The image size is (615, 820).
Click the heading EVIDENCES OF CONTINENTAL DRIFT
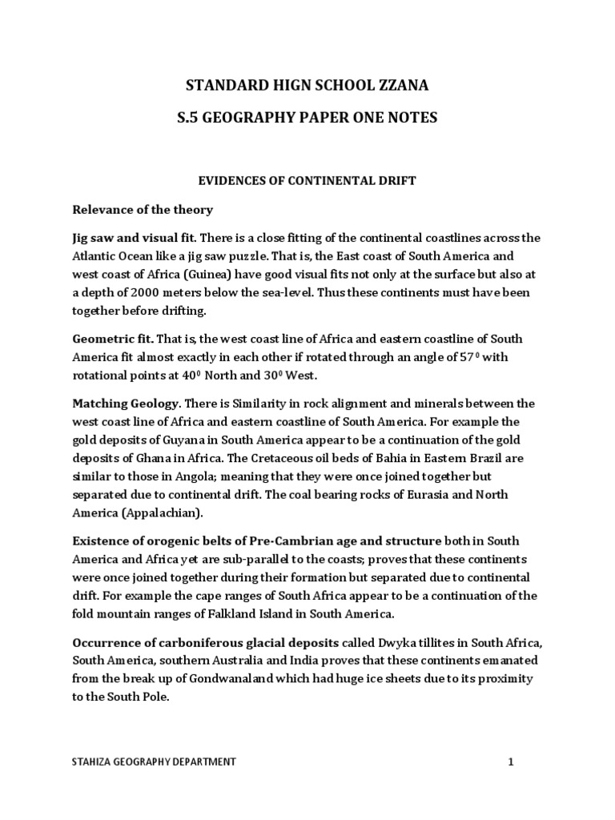point(307,182)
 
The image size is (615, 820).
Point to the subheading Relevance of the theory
point(143,210)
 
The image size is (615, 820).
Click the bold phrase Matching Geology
point(124,402)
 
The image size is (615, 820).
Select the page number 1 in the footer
point(510,762)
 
